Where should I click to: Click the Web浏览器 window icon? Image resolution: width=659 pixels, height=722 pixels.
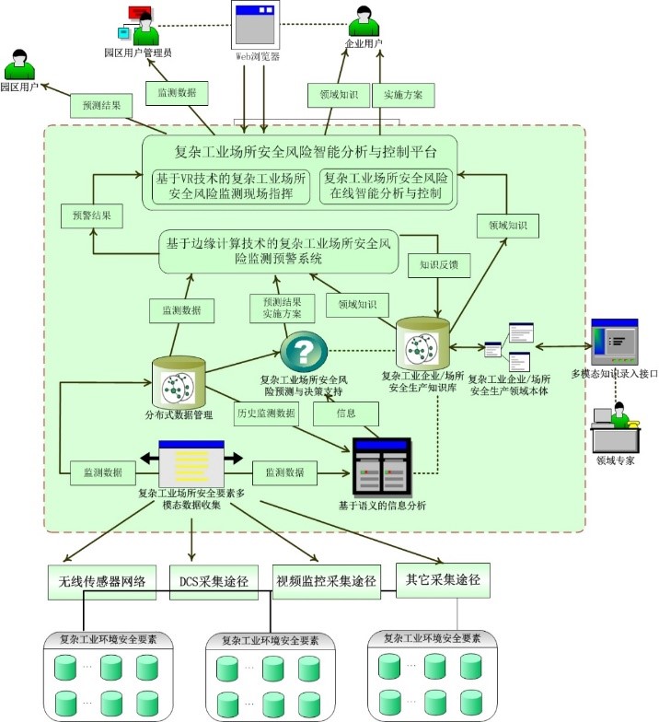coord(255,25)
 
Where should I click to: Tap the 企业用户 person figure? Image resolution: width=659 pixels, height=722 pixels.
coord(362,22)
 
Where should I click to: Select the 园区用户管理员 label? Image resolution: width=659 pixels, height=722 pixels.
coord(138,53)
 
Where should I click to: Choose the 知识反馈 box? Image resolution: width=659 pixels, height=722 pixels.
coord(438,262)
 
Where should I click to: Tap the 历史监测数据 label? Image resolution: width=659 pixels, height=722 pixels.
coord(267,414)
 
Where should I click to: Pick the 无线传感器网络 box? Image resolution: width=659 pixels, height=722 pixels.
coord(102,582)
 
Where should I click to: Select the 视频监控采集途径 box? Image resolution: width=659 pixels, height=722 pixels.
coord(327,582)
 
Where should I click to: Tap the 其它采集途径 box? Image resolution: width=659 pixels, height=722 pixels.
coord(443,580)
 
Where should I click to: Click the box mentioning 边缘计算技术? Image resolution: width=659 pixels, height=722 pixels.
coord(278,251)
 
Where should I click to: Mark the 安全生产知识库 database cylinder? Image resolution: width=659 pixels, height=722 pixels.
coord(423,344)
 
